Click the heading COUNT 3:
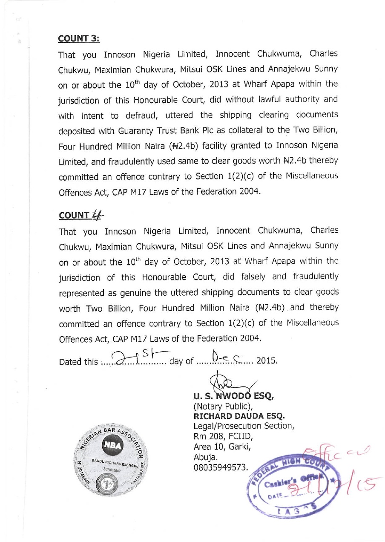[79, 38]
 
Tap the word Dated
[70, 362]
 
